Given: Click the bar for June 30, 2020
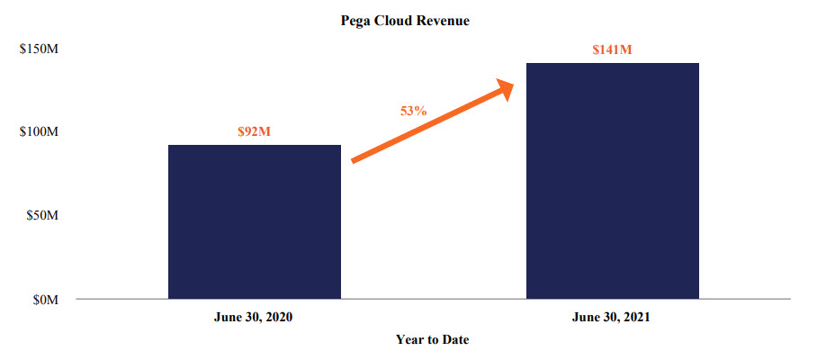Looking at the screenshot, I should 254,221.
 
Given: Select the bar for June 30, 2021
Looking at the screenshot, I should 612,180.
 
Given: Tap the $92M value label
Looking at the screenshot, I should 254,131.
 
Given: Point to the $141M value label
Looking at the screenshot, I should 612,49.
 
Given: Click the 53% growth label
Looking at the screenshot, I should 413,111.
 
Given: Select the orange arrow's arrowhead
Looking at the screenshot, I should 502,88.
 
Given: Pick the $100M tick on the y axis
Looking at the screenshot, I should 39,132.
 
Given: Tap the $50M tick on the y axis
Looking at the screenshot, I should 41,216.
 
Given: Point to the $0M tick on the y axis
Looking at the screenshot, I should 44,300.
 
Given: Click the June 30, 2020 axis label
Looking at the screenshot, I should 254,318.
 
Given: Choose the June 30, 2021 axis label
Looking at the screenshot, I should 612,318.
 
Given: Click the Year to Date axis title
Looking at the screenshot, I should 432,339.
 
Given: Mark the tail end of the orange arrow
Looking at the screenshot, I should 355,161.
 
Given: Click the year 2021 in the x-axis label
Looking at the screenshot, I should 633,318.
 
